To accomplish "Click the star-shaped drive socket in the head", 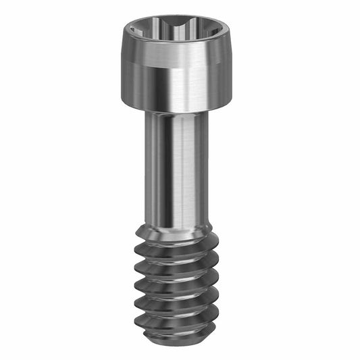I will (x=178, y=32).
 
